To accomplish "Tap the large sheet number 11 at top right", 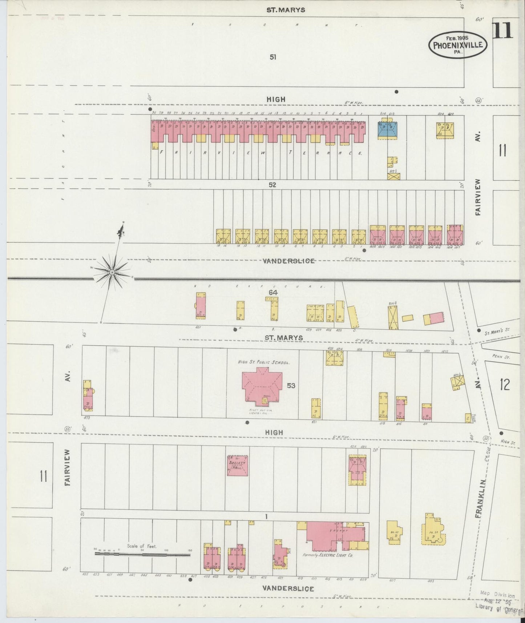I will click(x=503, y=31).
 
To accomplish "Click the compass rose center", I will click(x=112, y=272).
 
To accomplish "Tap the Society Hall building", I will click(x=238, y=466).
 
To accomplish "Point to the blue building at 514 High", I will click(x=387, y=129).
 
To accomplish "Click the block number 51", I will click(x=273, y=57).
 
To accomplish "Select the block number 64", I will click(x=273, y=292).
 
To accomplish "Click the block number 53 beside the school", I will click(x=291, y=386).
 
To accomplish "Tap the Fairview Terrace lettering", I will click(x=261, y=153).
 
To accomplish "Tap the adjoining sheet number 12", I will click(x=505, y=384).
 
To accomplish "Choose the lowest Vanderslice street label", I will click(x=288, y=588).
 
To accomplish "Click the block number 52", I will click(x=272, y=185).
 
